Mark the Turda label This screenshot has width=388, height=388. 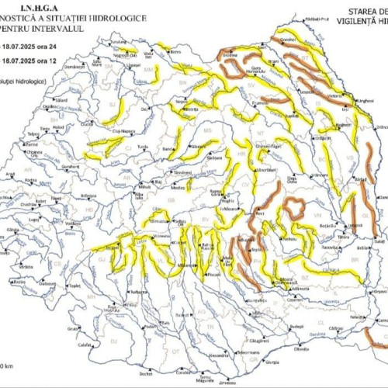142,147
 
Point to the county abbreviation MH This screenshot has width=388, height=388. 91,296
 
